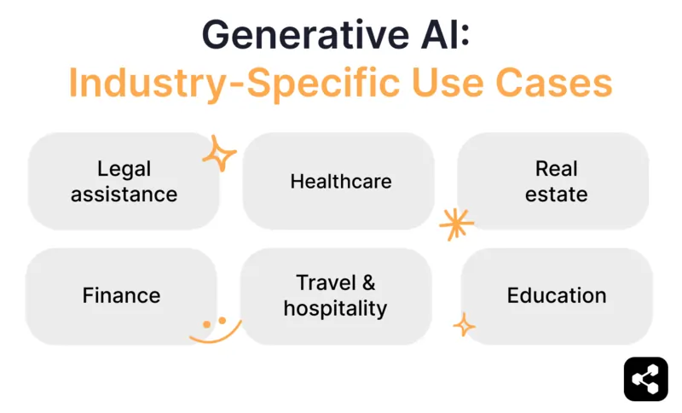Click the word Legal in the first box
click(x=124, y=169)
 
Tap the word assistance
click(x=124, y=194)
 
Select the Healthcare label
click(x=341, y=181)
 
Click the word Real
click(x=556, y=168)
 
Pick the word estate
click(x=556, y=194)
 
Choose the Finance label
click(x=121, y=296)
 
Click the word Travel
click(x=324, y=282)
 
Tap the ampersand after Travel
click(x=367, y=282)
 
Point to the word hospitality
click(x=335, y=308)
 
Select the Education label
click(x=557, y=296)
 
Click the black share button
click(x=645, y=378)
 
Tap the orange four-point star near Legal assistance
click(x=219, y=154)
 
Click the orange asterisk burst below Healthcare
click(x=456, y=224)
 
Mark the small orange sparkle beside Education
click(x=464, y=324)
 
